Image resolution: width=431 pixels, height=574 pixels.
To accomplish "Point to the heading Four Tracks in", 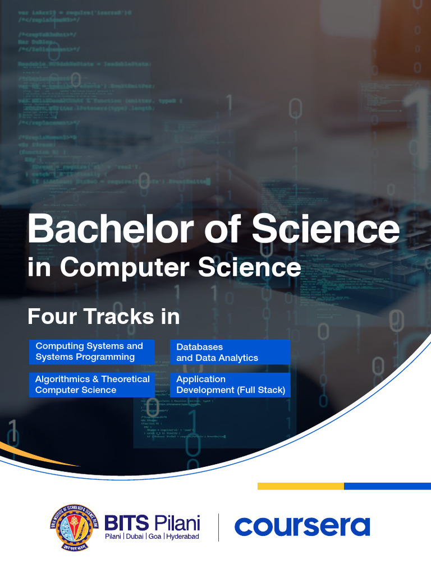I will (x=104, y=317).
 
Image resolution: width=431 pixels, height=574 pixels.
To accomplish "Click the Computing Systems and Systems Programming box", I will (x=91, y=351).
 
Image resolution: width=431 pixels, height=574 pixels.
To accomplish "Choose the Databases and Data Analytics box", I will (x=230, y=352).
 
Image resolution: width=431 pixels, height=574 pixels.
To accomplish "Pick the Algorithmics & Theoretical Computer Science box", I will (x=91, y=385).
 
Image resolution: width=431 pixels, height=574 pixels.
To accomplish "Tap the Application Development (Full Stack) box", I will (x=230, y=385).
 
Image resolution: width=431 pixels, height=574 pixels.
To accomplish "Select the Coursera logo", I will (x=302, y=527).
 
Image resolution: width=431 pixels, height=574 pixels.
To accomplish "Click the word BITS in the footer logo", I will (x=127, y=523).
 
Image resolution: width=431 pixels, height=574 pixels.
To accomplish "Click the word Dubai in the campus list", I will (x=134, y=537).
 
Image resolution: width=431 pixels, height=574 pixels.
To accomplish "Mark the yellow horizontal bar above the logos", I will (x=300, y=486).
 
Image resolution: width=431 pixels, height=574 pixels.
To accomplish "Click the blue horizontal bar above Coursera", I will (x=387, y=486).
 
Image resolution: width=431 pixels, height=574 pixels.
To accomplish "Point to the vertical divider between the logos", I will (x=218, y=527).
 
